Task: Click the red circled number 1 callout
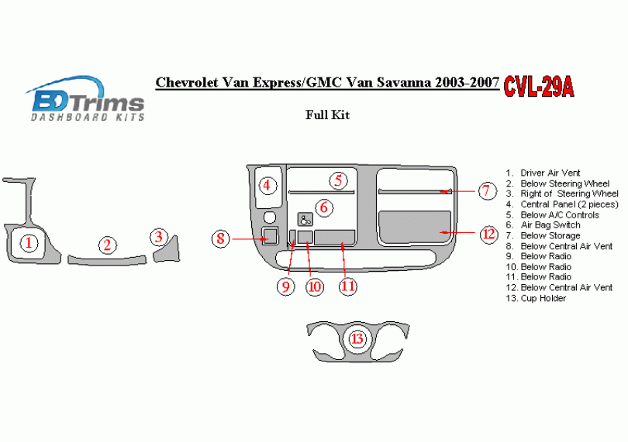pos(29,243)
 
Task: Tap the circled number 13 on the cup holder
pos(357,339)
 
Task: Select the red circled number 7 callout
pos(486,190)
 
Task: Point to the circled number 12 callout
pos(488,234)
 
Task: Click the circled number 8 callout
pos(220,238)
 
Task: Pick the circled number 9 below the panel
pos(285,286)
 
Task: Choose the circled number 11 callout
pos(347,286)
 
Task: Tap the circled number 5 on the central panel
pos(339,180)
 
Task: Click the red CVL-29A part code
pos(538,86)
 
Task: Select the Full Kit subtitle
pos(328,115)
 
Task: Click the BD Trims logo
pos(87,99)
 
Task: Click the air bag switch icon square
pos(305,219)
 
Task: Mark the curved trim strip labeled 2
pos(107,259)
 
